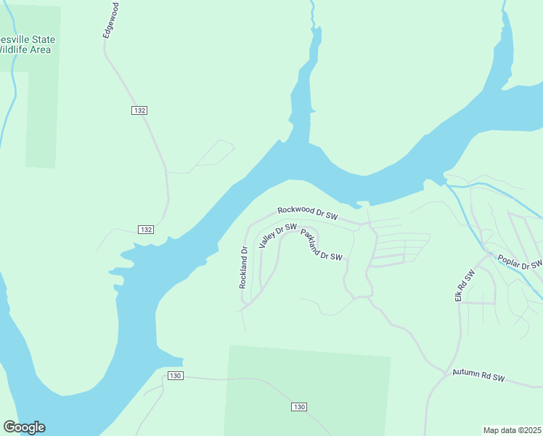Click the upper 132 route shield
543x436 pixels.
point(140,110)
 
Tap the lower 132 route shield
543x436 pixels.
point(145,230)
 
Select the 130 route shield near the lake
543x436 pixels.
point(174,376)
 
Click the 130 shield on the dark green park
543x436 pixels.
point(299,406)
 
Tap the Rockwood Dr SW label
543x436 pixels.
point(308,212)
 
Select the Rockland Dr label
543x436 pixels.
point(244,267)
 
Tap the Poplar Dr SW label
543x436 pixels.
point(519,261)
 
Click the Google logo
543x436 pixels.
point(24,427)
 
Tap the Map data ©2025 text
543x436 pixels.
point(512,429)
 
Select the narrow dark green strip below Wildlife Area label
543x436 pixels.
point(41,120)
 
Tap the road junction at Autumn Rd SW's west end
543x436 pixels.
point(444,375)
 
